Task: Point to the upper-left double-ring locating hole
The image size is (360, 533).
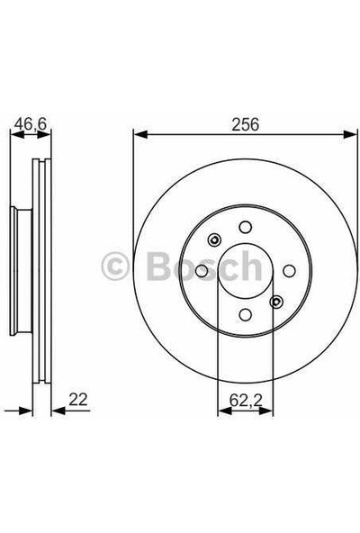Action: point(214,240)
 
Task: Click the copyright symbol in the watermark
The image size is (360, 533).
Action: point(118,267)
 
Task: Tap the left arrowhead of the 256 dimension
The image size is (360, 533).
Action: point(138,135)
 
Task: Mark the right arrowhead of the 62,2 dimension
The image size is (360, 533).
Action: point(267,412)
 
